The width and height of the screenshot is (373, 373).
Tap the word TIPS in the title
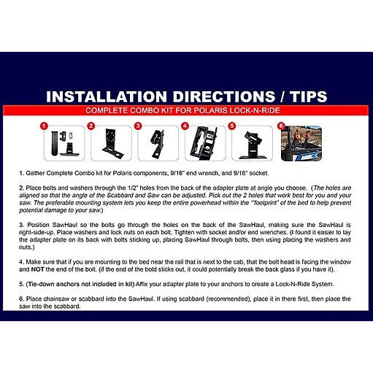pyautogui.click(x=302, y=97)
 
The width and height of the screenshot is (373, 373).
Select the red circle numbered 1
pyautogui.click(x=43, y=126)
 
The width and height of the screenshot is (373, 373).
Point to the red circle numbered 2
pyautogui.click(x=91, y=126)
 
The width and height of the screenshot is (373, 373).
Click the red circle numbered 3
pyautogui.click(x=138, y=126)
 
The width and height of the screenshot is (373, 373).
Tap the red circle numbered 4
pyautogui.click(x=185, y=126)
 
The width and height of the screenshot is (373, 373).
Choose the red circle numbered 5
pyautogui.click(x=232, y=126)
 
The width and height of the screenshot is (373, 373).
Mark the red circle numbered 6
pyautogui.click(x=281, y=126)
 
